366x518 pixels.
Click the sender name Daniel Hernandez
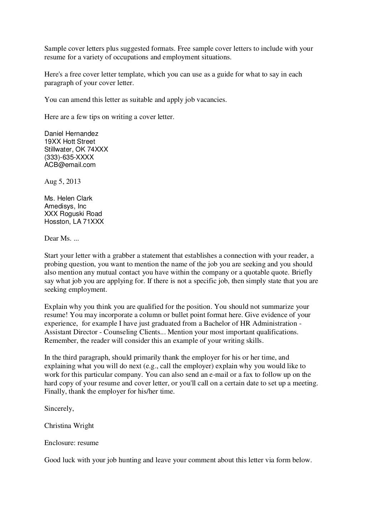point(71,134)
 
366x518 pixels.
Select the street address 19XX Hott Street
point(70,142)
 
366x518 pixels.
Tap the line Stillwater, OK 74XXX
point(76,149)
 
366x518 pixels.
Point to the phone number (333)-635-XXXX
point(69,157)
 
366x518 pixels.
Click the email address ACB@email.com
point(70,165)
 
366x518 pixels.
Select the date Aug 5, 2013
point(63,181)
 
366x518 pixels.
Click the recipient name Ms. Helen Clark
point(68,198)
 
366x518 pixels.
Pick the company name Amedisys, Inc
point(65,206)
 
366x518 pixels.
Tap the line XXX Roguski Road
point(73,214)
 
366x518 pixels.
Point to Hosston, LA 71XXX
point(74,222)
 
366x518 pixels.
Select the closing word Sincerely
point(59,409)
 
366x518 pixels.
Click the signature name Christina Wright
point(69,425)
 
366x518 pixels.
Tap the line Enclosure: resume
point(71,443)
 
